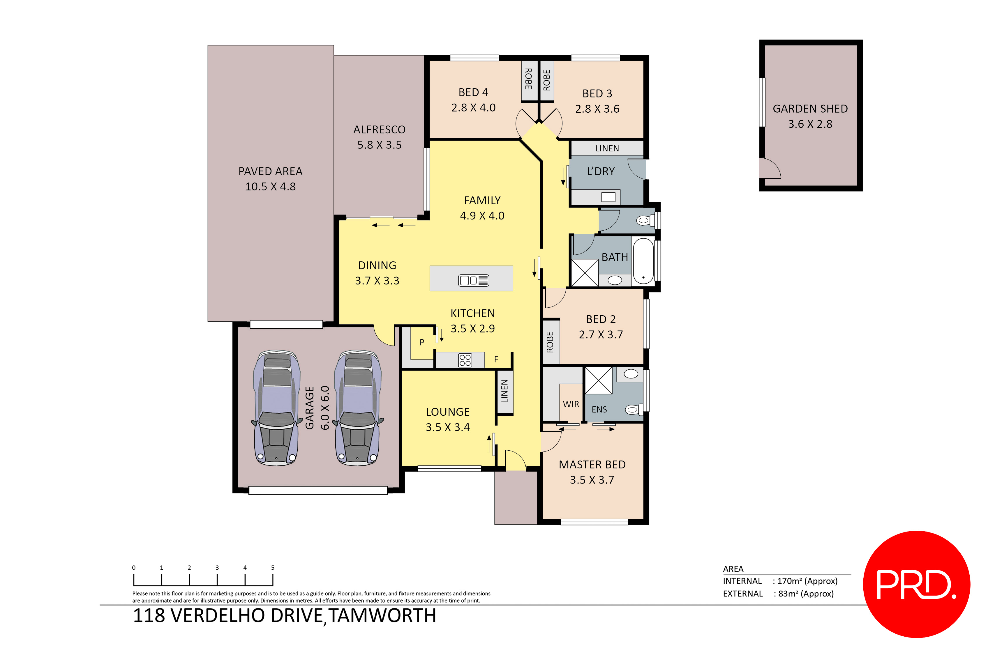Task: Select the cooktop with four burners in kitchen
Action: click(x=465, y=360)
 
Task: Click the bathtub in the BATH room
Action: click(x=643, y=261)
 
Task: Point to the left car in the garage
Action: click(x=276, y=408)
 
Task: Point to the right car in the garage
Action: click(x=358, y=408)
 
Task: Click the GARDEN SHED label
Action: click(x=810, y=109)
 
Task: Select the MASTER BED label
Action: click(x=592, y=465)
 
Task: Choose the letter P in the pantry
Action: click(x=422, y=342)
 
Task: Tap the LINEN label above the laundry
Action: click(x=607, y=148)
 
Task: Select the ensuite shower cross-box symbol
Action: click(x=598, y=380)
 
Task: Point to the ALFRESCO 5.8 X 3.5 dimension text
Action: click(x=379, y=145)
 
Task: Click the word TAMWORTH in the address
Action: click(x=382, y=615)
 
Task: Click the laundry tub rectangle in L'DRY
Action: click(x=608, y=197)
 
